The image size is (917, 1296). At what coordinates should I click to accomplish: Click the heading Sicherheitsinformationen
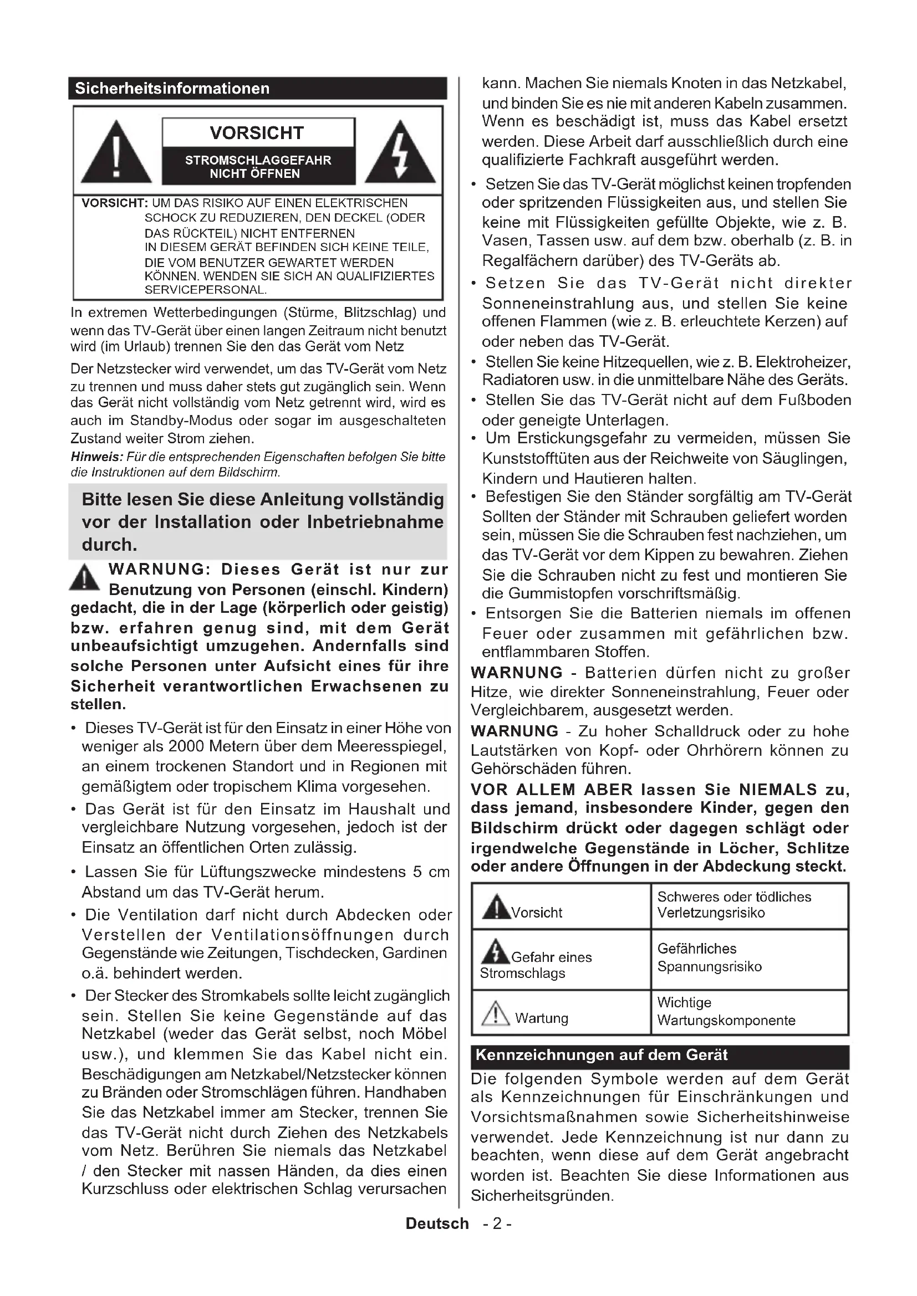[172, 89]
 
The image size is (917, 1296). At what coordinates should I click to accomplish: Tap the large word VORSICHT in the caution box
[257, 133]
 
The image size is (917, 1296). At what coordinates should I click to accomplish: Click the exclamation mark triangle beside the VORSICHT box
[116, 152]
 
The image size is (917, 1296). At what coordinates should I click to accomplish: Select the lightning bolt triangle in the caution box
[400, 152]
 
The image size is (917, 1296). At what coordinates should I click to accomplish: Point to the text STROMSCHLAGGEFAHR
[258, 160]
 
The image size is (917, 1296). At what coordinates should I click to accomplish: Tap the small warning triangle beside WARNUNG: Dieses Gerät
[85, 577]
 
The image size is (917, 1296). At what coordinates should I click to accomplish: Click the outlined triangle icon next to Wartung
[495, 1013]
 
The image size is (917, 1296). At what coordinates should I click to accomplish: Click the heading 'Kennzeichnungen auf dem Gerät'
[602, 1055]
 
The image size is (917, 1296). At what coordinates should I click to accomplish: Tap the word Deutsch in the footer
[437, 1224]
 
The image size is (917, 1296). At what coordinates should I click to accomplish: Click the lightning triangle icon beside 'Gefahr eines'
[495, 952]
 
